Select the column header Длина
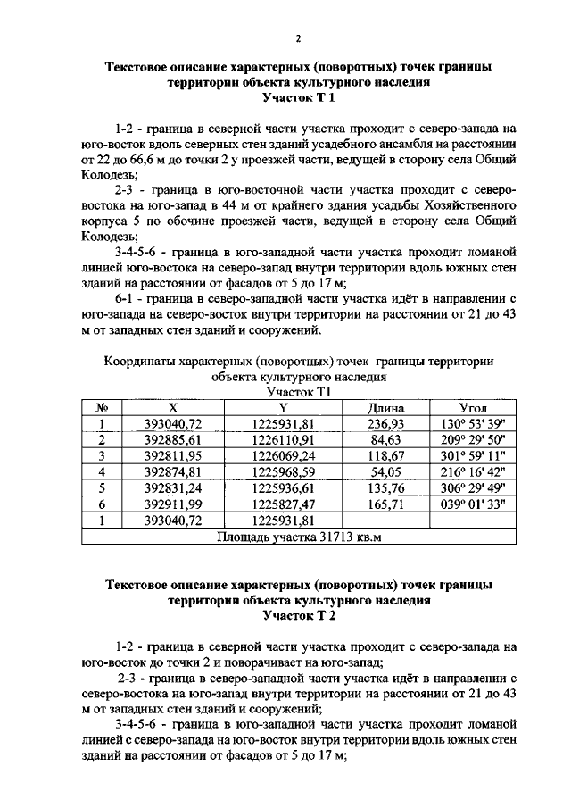point(386,407)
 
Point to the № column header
point(103,407)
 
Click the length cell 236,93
point(386,423)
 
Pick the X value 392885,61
point(174,439)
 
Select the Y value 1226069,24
point(284,455)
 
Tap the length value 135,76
point(386,487)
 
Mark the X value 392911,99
point(174,504)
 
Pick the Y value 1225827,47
point(284,504)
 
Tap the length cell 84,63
point(386,439)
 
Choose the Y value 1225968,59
point(284,471)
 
